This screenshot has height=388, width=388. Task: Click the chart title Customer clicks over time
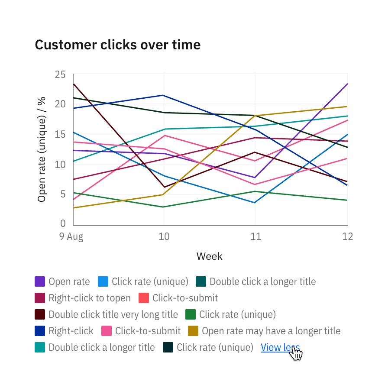pyautogui.click(x=117, y=45)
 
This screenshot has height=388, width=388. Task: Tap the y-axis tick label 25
pyautogui.click(x=60, y=74)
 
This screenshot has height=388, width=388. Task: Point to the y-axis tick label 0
pyautogui.click(x=63, y=224)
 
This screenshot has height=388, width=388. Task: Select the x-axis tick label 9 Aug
pyautogui.click(x=71, y=236)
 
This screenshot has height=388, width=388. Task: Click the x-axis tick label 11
pyautogui.click(x=255, y=236)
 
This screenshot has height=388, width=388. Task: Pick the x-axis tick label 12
pyautogui.click(x=347, y=236)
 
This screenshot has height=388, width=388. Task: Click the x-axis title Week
pyautogui.click(x=210, y=256)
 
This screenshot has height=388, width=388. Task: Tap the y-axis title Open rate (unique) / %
pyautogui.click(x=42, y=149)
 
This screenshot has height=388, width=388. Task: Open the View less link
pyautogui.click(x=280, y=347)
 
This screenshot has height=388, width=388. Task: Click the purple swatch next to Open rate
pyautogui.click(x=40, y=281)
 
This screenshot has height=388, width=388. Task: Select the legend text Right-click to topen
pyautogui.click(x=89, y=298)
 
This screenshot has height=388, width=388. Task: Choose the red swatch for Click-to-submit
pyautogui.click(x=144, y=298)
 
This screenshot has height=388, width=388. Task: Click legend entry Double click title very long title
pyautogui.click(x=113, y=314)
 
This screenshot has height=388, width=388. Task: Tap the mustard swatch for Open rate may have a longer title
pyautogui.click(x=193, y=331)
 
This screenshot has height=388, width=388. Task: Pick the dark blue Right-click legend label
pyautogui.click(x=71, y=331)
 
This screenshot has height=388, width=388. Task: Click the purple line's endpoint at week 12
pyautogui.click(x=347, y=84)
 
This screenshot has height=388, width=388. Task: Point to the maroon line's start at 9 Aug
pyautogui.click(x=74, y=84)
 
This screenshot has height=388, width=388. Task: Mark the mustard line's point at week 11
pyautogui.click(x=255, y=116)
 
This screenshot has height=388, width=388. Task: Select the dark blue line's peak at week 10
pyautogui.click(x=164, y=95)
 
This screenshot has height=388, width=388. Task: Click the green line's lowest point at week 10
pyautogui.click(x=164, y=207)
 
